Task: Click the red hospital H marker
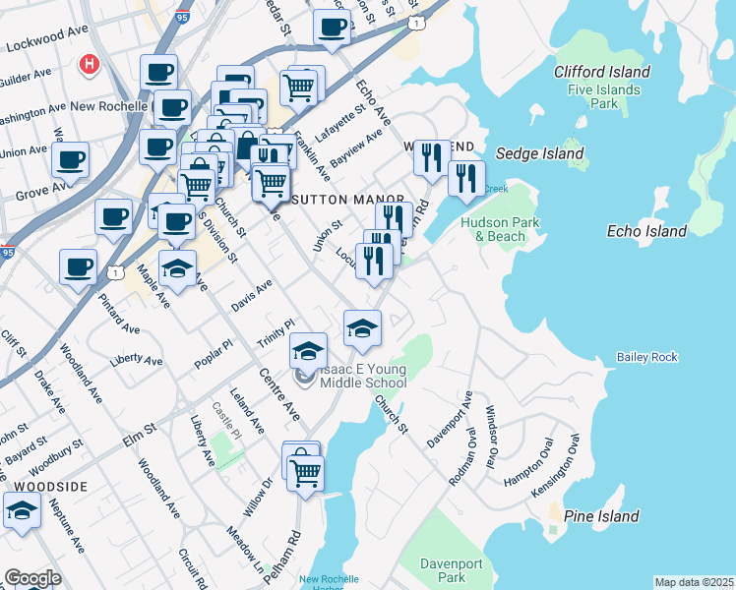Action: [x=90, y=64]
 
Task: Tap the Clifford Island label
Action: [x=601, y=72]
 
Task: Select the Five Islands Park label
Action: [x=604, y=96]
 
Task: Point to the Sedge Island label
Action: [x=538, y=153]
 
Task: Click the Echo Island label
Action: [x=646, y=231]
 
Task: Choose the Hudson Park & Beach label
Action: [x=500, y=229]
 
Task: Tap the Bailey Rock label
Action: [x=646, y=357]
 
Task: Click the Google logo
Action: [x=32, y=577]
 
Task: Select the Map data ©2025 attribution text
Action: [x=693, y=582]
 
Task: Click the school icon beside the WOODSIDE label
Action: [x=23, y=509]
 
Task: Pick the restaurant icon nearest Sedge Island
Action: [x=466, y=178]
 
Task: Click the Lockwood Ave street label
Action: [x=47, y=38]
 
